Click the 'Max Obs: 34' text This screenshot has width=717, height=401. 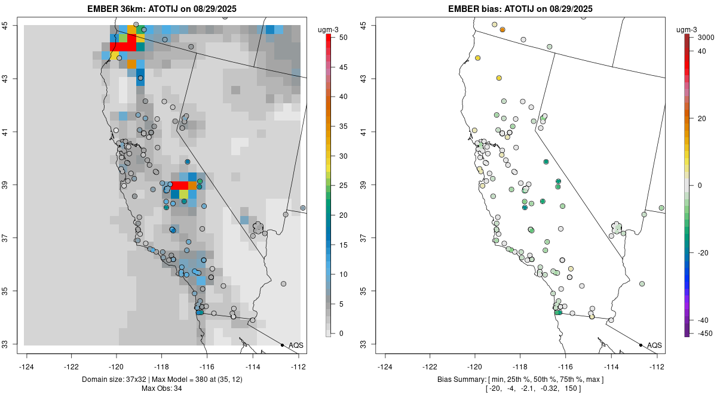click(162, 388)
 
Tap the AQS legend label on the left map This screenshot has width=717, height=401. click(296, 345)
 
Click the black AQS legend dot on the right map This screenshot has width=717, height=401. click(641, 345)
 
